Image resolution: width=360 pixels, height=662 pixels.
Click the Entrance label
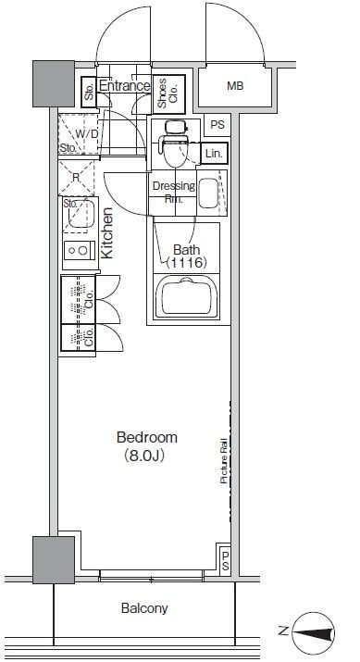[x=124, y=86]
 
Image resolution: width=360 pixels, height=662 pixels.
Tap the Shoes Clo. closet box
[x=168, y=94]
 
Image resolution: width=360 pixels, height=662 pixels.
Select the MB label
[x=235, y=86]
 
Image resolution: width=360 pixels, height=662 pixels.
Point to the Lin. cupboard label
[x=214, y=154]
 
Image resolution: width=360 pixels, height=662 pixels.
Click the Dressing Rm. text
[x=173, y=192]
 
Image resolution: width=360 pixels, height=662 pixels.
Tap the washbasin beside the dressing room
[x=208, y=194]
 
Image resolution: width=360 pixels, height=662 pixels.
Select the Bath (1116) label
[x=186, y=256]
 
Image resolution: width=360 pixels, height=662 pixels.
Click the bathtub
[x=187, y=297]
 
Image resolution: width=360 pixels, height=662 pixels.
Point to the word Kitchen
[x=107, y=233]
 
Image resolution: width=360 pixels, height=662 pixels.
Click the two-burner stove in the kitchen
[x=80, y=250]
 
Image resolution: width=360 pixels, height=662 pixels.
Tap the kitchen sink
[x=81, y=214]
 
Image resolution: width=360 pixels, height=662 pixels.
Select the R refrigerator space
[x=76, y=178]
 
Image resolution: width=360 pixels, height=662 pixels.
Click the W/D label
[x=86, y=134]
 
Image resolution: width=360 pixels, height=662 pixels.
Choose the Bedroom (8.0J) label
[x=146, y=446]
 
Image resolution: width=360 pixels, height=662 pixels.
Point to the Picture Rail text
[x=224, y=461]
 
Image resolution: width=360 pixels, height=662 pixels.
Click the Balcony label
[x=144, y=608]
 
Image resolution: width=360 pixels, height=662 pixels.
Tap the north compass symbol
[x=313, y=632]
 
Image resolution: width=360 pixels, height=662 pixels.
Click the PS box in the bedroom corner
[x=224, y=559]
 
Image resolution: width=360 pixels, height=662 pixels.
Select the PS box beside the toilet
[x=217, y=125]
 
